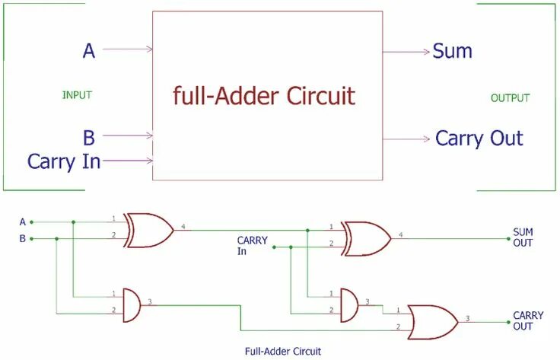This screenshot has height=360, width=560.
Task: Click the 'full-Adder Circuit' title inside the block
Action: [x=264, y=97]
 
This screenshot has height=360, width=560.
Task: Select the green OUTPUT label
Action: [x=510, y=98]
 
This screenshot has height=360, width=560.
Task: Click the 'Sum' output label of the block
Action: [x=452, y=51]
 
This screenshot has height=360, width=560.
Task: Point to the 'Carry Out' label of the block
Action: [x=479, y=139]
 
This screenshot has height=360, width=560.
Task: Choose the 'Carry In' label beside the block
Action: [x=64, y=161]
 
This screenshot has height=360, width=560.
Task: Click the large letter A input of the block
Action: [x=89, y=51]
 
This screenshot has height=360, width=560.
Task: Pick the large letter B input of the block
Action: [x=89, y=138]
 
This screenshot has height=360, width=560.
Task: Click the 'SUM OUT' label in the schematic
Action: [x=523, y=237]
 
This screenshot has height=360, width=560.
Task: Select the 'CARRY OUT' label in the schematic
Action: [x=527, y=320]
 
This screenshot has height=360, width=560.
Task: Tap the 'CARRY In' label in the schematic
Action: [x=252, y=245]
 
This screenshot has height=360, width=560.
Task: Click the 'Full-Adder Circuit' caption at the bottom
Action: [x=283, y=352]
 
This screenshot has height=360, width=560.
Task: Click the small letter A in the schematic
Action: [x=23, y=222]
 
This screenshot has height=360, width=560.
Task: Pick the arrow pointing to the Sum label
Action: [x=406, y=52]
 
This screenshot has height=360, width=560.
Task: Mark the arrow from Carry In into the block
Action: [x=128, y=161]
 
